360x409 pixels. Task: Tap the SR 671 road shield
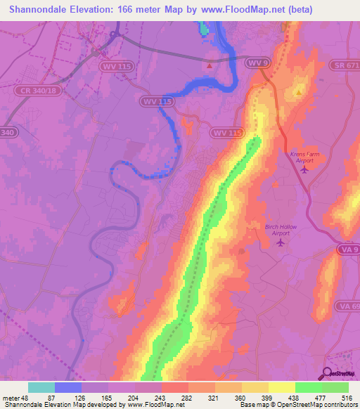(x=345, y=65)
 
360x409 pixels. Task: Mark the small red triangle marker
(x=210, y=66)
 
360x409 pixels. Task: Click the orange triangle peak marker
(x=299, y=92)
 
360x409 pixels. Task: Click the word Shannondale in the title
(x=37, y=9)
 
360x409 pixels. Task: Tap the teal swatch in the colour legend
(x=41, y=387)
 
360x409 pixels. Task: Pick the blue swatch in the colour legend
(x=68, y=387)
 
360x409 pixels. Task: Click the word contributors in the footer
(x=337, y=405)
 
